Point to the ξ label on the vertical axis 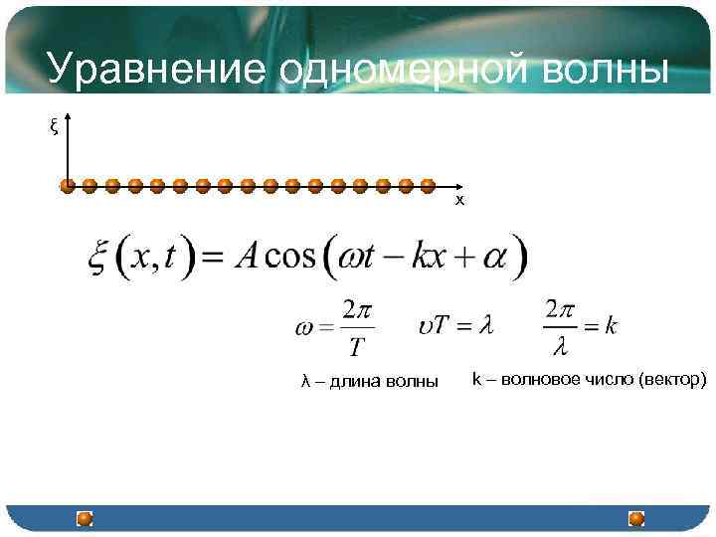(x=54, y=126)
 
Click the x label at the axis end (x=459, y=200)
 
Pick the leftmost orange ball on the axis (x=68, y=185)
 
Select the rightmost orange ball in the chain (x=428, y=185)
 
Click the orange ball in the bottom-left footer (x=86, y=518)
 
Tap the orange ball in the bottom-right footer (x=636, y=518)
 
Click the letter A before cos (x=247, y=258)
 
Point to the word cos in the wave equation (x=292, y=258)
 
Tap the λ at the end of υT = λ (x=486, y=325)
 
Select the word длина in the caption (x=355, y=382)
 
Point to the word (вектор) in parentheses (x=672, y=379)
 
